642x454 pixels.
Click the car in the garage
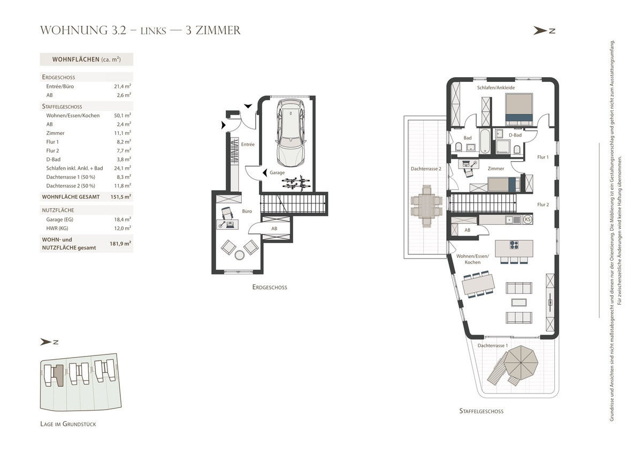291,133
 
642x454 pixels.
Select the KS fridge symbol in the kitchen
528,220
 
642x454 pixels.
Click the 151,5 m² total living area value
121,196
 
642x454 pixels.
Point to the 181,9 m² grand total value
120,244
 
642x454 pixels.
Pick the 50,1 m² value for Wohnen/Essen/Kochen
123,115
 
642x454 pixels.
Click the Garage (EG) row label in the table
59,220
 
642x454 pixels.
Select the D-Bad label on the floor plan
515,135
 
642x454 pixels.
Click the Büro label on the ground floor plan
247,211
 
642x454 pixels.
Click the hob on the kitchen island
514,245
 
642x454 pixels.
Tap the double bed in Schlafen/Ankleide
519,109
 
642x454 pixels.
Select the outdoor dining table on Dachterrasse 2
426,206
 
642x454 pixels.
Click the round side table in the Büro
239,255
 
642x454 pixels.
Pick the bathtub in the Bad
485,141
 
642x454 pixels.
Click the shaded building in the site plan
58,375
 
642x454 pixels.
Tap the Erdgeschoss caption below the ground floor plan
270,287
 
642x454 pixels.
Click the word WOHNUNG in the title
74,31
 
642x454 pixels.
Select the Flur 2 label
543,205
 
